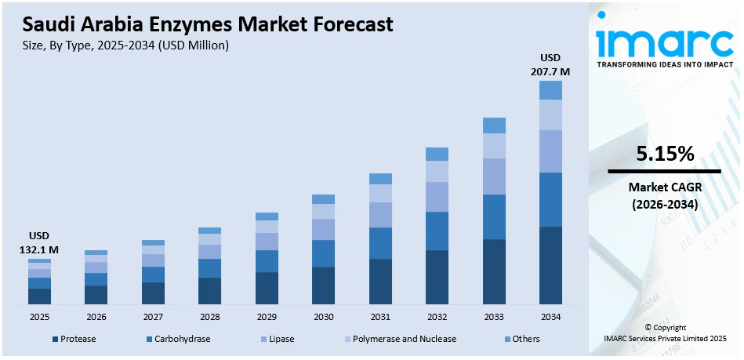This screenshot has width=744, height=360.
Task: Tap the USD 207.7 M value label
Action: coord(550,65)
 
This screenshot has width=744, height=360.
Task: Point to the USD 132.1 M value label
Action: coord(39,243)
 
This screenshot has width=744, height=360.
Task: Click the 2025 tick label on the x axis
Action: coord(39,316)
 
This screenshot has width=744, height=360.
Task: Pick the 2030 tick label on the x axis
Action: coord(323,316)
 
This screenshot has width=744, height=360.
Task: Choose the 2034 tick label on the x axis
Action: coord(550,316)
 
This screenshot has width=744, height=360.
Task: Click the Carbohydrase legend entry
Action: coord(178,339)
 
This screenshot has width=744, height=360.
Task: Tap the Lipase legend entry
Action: coord(279,339)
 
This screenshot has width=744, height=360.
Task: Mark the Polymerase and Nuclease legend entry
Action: coord(400,339)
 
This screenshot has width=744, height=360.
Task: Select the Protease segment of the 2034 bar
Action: coord(550,264)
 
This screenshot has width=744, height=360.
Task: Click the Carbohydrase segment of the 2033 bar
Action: coord(494,216)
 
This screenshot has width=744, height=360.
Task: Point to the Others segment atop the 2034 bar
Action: coord(550,90)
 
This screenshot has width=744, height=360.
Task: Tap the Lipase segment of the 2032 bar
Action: coord(437,197)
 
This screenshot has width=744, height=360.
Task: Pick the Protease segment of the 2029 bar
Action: coord(267,288)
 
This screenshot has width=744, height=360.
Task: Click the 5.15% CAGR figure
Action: coord(665,155)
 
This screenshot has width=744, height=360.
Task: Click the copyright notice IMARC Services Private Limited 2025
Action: coord(665,338)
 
